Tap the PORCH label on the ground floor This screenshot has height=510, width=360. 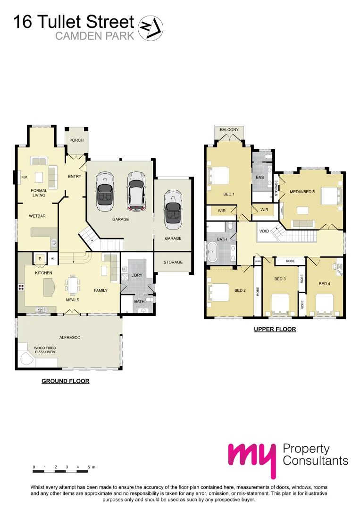tap(76, 140)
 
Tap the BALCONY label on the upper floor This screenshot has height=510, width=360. tap(229, 130)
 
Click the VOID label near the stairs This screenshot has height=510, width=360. tap(264, 231)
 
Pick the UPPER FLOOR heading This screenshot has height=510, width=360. tap(275, 329)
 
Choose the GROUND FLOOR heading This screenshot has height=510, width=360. tap(66, 381)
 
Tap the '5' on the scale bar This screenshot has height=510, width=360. tap(88, 467)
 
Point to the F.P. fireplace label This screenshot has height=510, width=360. tap(24, 178)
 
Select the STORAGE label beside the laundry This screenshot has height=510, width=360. tap(173, 263)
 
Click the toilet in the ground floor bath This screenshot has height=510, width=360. tap(149, 299)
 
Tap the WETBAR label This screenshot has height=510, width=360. tap(37, 216)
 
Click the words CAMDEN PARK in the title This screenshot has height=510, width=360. tap(95, 36)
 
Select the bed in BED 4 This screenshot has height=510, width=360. tap(325, 302)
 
